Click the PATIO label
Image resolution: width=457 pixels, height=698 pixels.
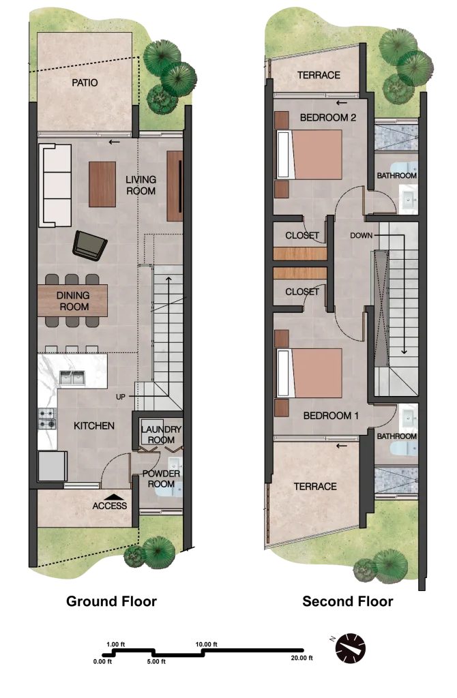85,82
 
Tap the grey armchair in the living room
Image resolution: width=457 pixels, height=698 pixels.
89,245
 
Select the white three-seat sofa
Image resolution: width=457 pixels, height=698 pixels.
55,185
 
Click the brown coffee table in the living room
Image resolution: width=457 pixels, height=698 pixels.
102,184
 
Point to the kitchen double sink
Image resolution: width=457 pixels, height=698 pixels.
72,378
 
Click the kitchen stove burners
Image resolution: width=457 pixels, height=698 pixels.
47,419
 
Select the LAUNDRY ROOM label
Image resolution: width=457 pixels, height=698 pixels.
161,434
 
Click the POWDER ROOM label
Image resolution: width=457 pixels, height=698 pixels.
161,479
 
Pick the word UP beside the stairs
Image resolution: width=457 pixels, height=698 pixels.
121,397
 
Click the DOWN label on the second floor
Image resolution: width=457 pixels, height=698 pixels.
362,235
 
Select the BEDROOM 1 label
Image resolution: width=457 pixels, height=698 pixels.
331,416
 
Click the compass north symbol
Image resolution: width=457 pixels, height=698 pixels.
351,648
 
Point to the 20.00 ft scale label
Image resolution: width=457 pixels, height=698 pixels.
302,658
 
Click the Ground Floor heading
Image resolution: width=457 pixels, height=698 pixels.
111,601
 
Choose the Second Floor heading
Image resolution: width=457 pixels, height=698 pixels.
348,601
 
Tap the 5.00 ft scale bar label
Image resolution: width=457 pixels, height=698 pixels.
156,662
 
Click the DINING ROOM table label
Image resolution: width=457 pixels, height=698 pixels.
74,301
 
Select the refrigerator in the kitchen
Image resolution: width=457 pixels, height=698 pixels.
52,466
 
